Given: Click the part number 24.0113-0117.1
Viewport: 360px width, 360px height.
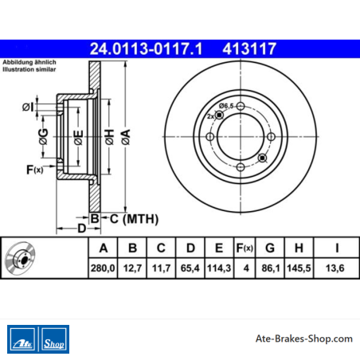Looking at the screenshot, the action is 146,49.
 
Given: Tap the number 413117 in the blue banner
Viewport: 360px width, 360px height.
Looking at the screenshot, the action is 249,49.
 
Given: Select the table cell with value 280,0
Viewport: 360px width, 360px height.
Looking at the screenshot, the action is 103,268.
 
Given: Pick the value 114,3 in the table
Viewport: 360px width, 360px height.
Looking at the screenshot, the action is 219,268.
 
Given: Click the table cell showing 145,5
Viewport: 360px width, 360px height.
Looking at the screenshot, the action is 299,268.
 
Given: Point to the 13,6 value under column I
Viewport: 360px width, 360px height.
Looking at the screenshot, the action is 335,268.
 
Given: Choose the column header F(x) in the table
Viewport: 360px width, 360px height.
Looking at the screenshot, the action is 245,248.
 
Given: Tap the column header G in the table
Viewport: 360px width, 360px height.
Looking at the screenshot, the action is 270,248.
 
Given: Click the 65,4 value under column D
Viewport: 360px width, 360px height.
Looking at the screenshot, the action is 190,268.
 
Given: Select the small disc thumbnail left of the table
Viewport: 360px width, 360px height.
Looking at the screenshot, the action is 20,259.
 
